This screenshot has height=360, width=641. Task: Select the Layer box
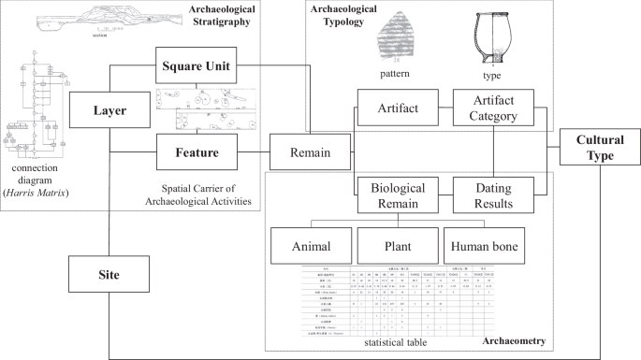point(109,110)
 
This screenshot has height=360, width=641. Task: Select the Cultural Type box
point(599,148)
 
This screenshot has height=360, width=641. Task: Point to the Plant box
point(397,247)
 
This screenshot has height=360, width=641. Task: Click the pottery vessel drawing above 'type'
point(492,35)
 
